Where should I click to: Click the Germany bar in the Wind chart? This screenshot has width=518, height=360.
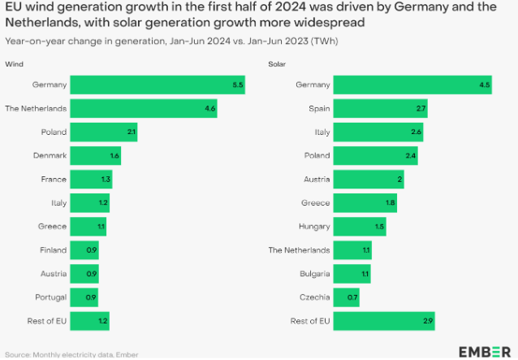coord(158,85)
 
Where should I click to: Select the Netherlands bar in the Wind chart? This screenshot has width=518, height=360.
coord(144,108)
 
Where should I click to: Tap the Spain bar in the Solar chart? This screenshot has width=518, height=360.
coord(380,108)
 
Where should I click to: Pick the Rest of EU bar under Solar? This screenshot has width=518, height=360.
coord(384,320)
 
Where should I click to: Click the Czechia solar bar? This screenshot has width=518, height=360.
coord(346,297)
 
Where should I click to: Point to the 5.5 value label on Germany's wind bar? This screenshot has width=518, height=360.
coord(237,85)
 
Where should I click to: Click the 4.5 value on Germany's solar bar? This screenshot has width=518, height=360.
coord(484,85)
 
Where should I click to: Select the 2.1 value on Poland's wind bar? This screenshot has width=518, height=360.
coord(131,132)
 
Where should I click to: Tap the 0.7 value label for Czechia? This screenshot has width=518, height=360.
coord(352,297)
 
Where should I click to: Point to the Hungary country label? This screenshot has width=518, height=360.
coord(313,226)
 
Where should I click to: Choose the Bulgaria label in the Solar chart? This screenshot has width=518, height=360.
coord(312,273)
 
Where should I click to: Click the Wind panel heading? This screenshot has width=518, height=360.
coord(14,63)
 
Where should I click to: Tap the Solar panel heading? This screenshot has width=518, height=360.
coord(277,63)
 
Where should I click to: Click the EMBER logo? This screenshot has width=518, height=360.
coord(485,351)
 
